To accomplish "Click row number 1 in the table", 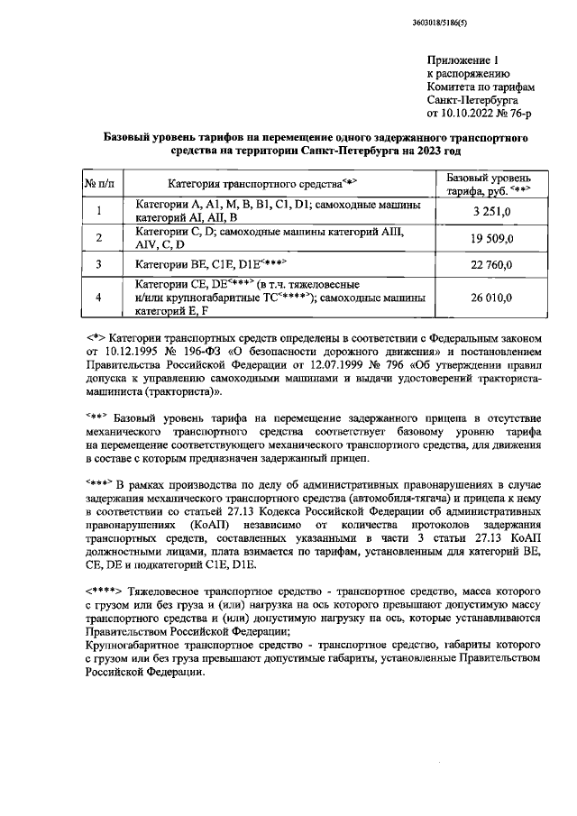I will (98, 211).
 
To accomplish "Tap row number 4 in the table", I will (98, 298).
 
